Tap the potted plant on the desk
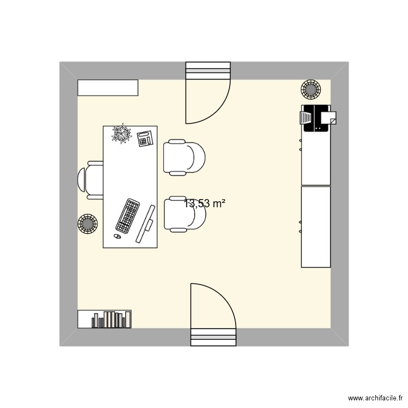[121, 134]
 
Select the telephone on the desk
[145, 139]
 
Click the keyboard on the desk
[128, 216]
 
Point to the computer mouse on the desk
[117, 236]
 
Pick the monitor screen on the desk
[145, 224]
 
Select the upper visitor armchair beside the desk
[185, 157]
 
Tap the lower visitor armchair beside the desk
[185, 214]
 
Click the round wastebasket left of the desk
[88, 223]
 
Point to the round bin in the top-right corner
[311, 89]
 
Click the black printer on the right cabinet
[314, 119]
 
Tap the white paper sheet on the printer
[329, 117]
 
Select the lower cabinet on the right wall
[316, 227]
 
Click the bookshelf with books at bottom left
[104, 319]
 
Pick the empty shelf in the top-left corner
[108, 88]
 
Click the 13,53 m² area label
[205, 204]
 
